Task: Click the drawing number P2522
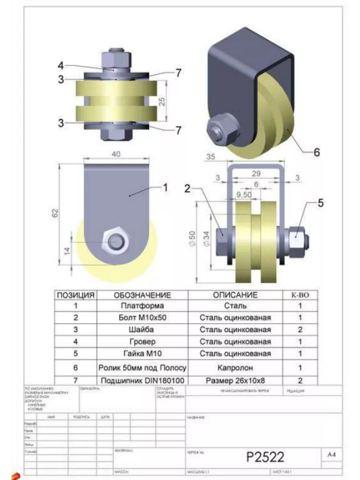265,456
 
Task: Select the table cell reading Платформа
142,306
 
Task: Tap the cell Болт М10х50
142,318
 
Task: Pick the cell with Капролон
235,367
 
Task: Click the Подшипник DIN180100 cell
142,380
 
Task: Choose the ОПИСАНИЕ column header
235,295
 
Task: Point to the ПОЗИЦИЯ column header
76,295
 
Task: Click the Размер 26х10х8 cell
235,380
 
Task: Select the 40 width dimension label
116,154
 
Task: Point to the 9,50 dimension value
244,196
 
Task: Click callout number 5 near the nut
320,203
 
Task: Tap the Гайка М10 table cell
142,354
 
